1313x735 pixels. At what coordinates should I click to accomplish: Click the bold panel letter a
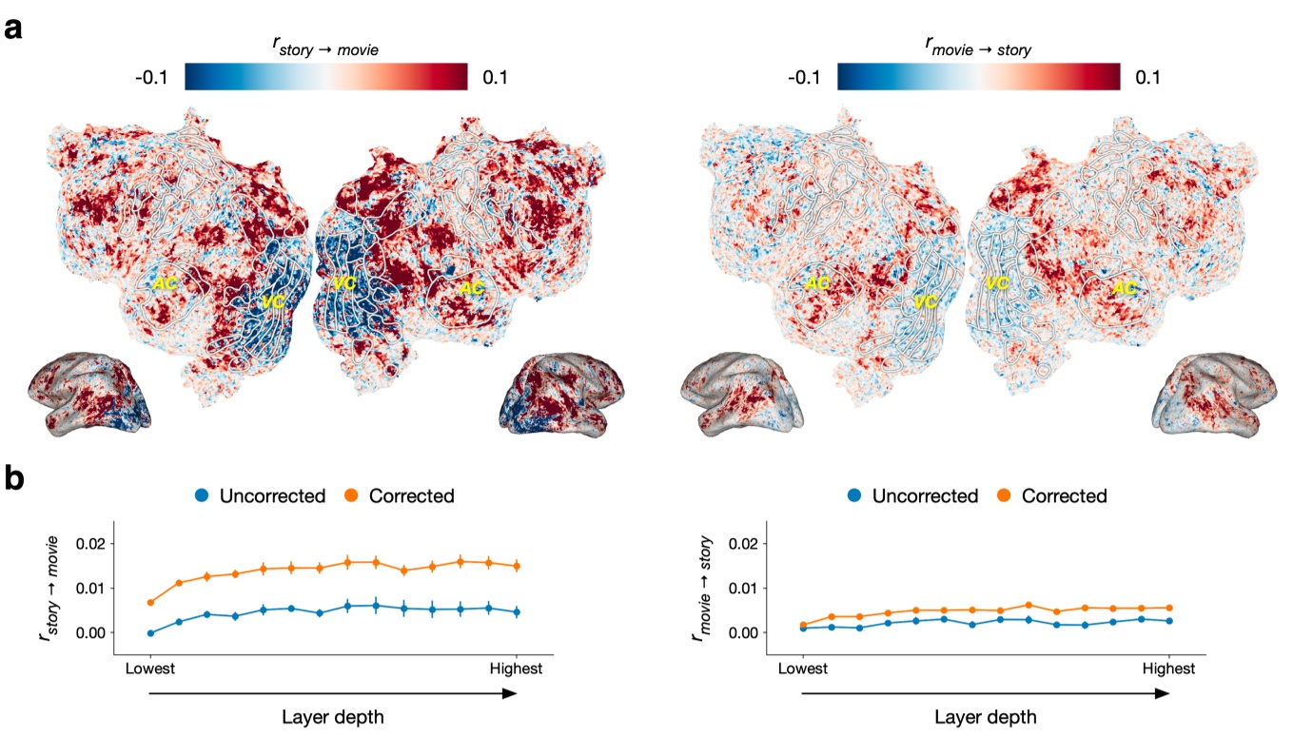coord(13,29)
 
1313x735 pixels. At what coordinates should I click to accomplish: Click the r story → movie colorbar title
coord(325,48)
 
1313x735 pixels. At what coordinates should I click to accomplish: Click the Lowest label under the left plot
coord(150,668)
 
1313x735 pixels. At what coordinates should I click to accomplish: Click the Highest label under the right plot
coord(1168,668)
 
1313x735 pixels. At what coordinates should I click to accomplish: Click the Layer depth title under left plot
coord(333,717)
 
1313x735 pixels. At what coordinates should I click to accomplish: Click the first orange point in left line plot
coord(150,602)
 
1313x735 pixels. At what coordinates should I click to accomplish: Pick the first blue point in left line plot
coord(150,633)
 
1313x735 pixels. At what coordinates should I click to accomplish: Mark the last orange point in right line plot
coord(1168,608)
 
